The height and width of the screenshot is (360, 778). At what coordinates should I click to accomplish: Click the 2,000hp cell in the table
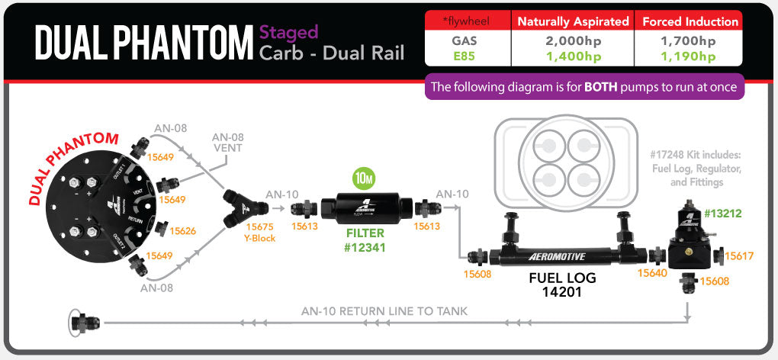(x=573, y=41)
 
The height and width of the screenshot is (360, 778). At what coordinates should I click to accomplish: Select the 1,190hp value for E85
(x=689, y=56)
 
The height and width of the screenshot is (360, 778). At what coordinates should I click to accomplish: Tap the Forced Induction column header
(x=689, y=21)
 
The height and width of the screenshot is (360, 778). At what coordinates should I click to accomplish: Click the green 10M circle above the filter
(x=362, y=180)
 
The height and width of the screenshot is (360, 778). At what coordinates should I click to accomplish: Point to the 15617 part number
(x=738, y=256)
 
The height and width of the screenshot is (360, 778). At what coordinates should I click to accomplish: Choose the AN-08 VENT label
(x=227, y=142)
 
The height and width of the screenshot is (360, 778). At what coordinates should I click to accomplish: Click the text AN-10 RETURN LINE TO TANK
(x=384, y=310)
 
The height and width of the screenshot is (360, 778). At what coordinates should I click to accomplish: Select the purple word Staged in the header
(x=288, y=33)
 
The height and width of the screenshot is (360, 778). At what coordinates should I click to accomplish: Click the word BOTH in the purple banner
(x=605, y=87)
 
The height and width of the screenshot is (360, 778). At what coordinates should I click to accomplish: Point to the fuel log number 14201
(x=562, y=292)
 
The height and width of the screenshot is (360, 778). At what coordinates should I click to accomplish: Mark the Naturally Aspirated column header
(x=573, y=21)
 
